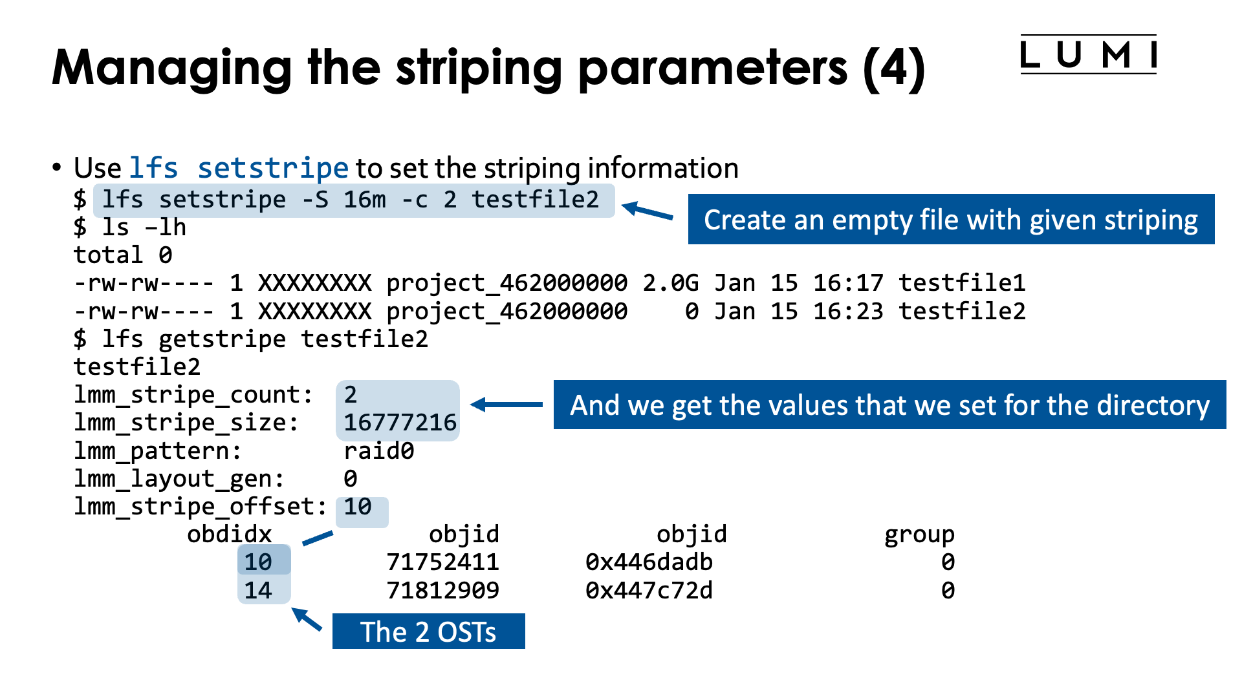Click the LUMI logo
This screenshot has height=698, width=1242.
[x=1088, y=55]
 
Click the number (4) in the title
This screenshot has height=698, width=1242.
[x=894, y=69]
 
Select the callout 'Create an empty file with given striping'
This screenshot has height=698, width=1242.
[x=951, y=220]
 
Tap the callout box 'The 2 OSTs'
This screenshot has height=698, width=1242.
[x=428, y=631]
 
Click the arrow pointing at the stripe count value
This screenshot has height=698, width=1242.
[x=507, y=405]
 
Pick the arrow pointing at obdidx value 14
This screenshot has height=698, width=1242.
[x=307, y=619]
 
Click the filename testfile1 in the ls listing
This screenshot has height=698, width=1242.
[x=961, y=283]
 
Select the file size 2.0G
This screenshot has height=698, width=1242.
[x=670, y=283]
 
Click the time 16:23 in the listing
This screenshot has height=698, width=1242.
[x=847, y=312]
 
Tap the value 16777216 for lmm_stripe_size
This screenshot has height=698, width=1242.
[x=400, y=423]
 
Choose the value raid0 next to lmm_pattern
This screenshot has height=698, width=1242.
[x=378, y=451]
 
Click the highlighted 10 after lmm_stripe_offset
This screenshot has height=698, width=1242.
[x=358, y=507]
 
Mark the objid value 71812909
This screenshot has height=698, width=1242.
[x=442, y=590]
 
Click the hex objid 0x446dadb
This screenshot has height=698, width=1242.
[x=649, y=562]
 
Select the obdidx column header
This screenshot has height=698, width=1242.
[x=229, y=534]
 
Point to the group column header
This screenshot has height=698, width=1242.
[x=919, y=534]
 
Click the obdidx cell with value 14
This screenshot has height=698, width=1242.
[x=258, y=590]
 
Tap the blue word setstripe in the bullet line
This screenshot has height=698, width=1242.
[x=273, y=168]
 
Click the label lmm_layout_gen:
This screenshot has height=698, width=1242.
[x=179, y=479]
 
